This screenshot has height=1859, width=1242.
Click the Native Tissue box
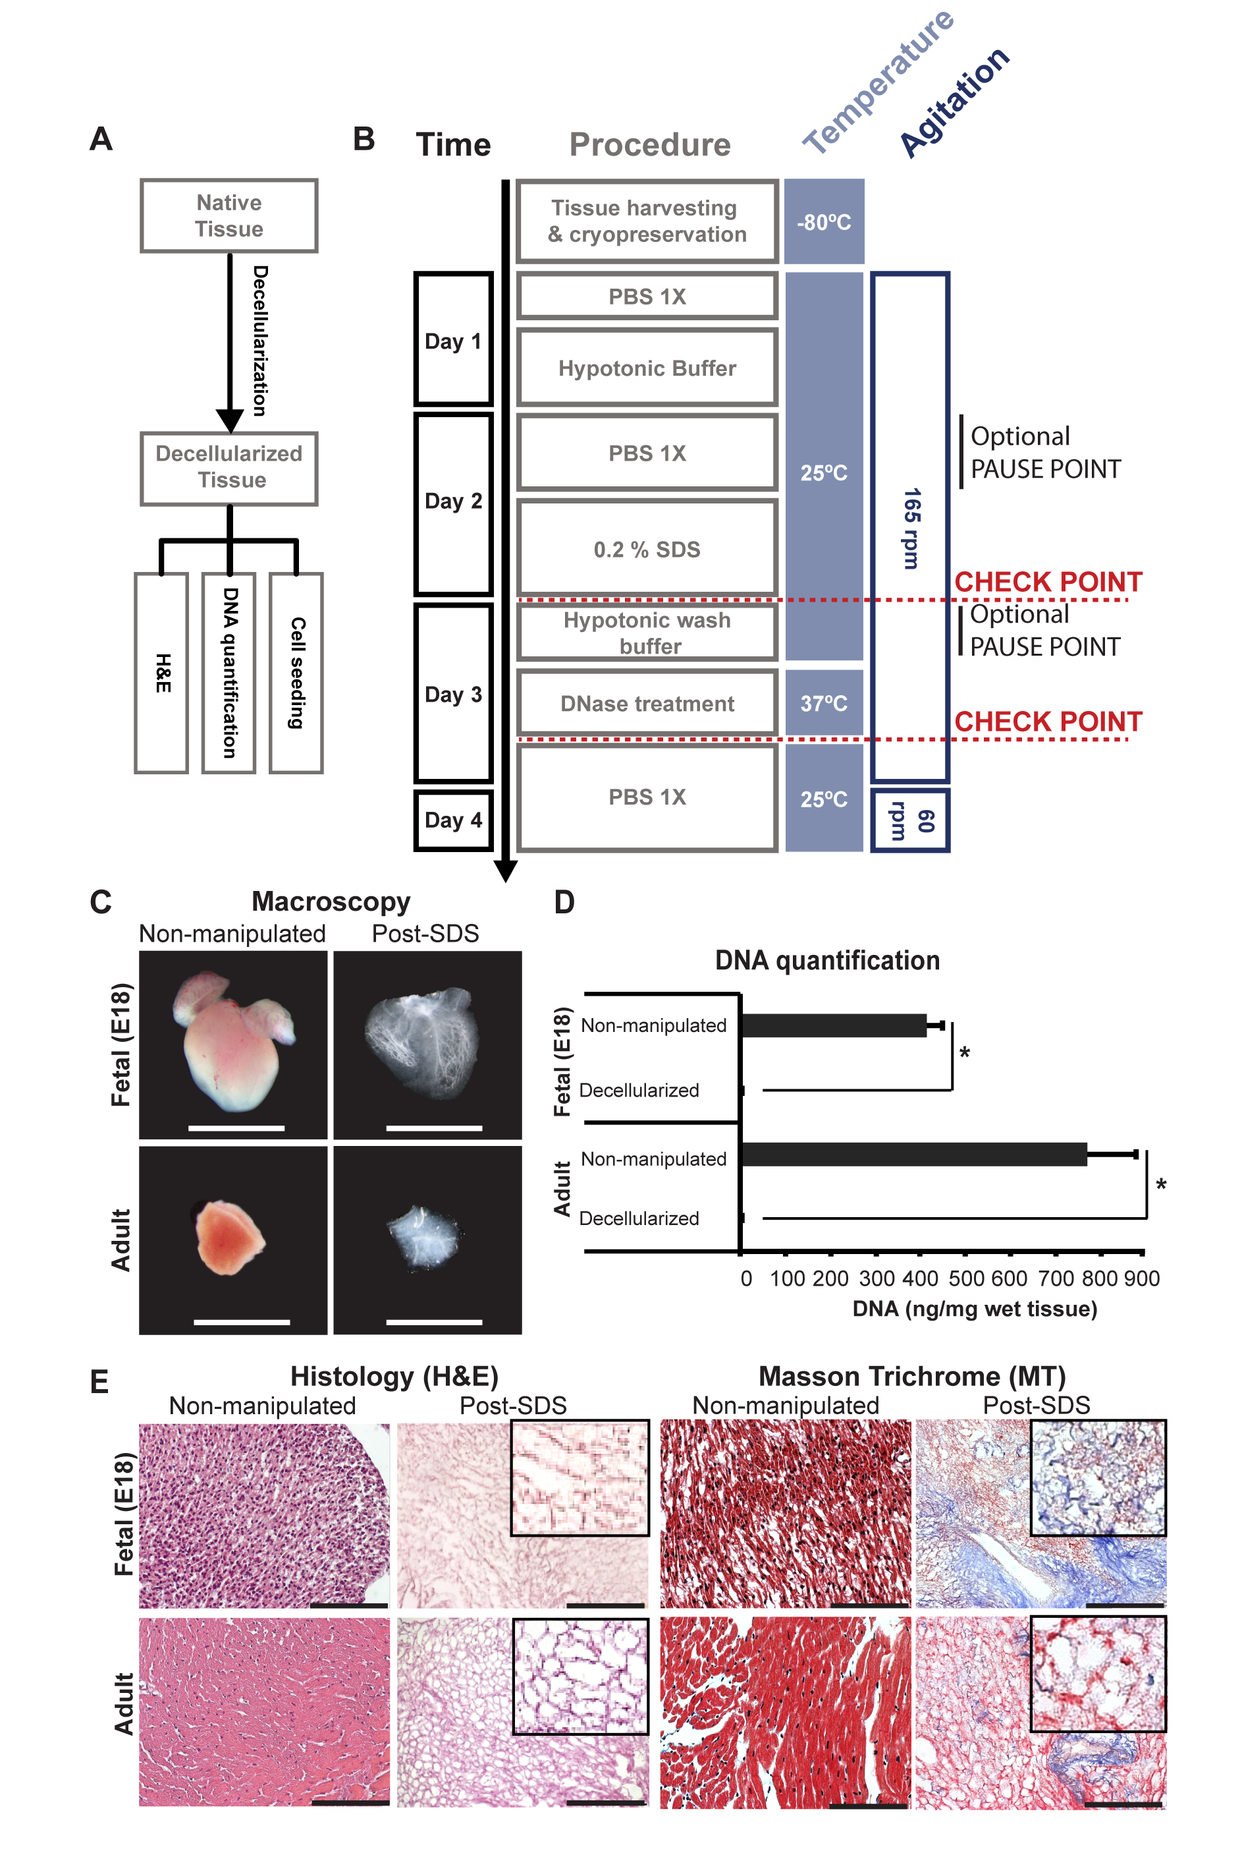(229, 215)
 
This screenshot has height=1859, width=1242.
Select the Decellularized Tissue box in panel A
(229, 467)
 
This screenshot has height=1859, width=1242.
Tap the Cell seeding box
(296, 672)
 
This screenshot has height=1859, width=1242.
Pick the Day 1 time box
(453, 339)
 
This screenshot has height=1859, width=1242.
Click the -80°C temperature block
(824, 221)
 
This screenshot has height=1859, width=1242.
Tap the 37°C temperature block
(824, 703)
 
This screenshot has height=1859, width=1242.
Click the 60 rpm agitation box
(909, 820)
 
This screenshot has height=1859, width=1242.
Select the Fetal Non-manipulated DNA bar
(832, 1025)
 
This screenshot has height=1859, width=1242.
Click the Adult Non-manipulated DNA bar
(913, 1155)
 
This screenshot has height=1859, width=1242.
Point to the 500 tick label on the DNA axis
(965, 1278)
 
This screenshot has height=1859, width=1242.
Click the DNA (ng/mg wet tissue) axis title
(974, 1308)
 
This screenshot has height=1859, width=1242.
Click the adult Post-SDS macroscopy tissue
(425, 1236)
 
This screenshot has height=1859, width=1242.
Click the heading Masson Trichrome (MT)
(911, 1377)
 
